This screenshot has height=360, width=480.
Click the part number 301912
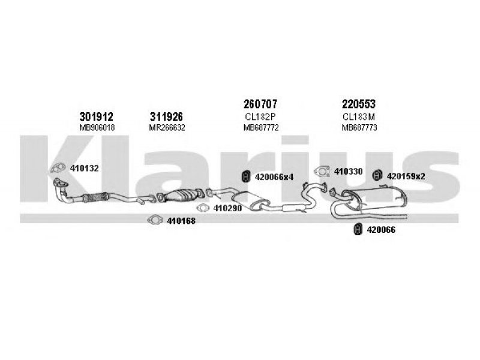[x=96, y=116]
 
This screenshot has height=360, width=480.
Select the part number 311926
[x=166, y=116]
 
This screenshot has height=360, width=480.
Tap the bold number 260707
[x=260, y=104]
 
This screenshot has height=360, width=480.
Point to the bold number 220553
[x=358, y=104]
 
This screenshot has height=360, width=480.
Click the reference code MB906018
[x=97, y=128]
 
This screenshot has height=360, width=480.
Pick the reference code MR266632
[x=167, y=128]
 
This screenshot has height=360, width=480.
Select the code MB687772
[x=261, y=128]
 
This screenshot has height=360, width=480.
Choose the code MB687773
[x=359, y=128]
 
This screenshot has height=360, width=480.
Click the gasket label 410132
[x=84, y=169]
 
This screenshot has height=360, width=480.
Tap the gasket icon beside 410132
[x=58, y=168]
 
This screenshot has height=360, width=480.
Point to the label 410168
[x=181, y=221]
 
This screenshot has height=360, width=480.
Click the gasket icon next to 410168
[x=155, y=220]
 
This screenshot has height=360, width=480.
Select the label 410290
[x=227, y=208]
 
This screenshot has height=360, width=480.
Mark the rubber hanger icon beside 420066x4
[x=246, y=176]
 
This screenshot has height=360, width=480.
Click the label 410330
[x=348, y=172]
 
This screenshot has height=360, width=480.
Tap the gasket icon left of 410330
[x=322, y=172]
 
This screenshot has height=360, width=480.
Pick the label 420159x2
[x=406, y=176]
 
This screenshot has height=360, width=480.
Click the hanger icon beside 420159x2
[x=377, y=175]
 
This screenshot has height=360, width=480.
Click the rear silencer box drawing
[x=375, y=199]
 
